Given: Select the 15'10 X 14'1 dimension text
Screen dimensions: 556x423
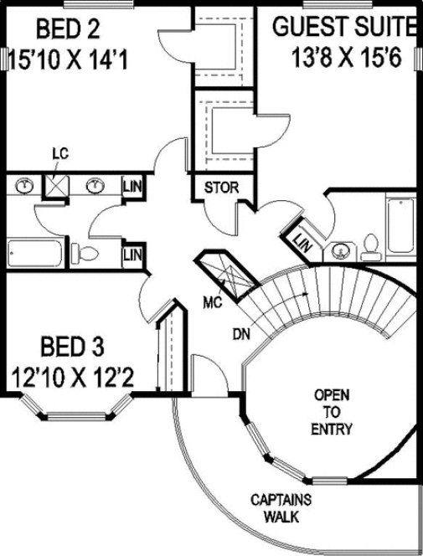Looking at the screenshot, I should point(67,60).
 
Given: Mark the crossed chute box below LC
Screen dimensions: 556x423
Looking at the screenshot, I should point(57,185).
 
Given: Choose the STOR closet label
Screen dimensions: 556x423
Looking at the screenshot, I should point(221,187).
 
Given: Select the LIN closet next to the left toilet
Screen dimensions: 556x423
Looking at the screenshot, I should point(132,253).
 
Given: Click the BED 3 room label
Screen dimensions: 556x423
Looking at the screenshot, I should point(76,346).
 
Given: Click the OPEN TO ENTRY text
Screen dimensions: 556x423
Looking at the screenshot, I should point(332,411).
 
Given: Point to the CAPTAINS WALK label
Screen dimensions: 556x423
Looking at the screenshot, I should point(281,507).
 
